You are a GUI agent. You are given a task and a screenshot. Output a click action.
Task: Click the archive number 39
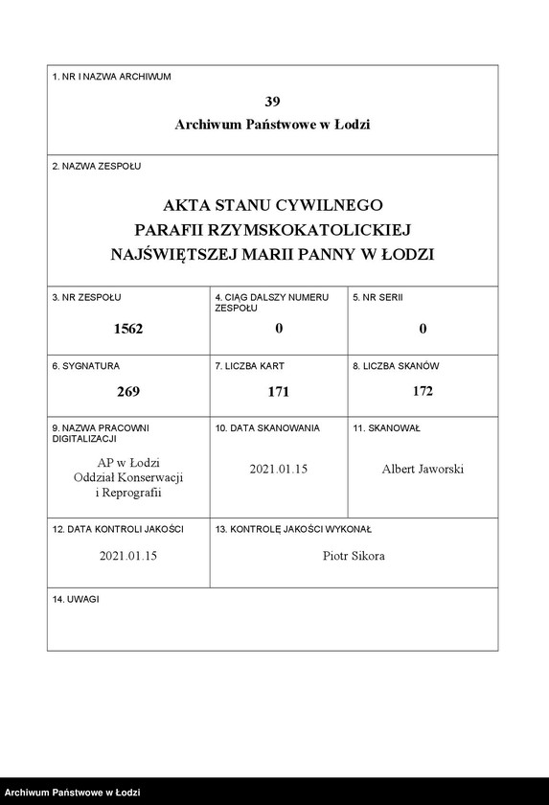[272, 102]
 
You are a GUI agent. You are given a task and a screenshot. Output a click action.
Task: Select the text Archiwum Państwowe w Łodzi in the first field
[272, 125]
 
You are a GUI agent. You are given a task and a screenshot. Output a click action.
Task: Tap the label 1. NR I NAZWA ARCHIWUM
[111, 76]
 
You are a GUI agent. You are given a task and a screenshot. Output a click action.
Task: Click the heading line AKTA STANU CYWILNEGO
[272, 205]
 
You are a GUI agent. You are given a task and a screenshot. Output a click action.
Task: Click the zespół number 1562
[127, 329]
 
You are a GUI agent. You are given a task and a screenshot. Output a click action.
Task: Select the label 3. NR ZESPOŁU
[86, 298]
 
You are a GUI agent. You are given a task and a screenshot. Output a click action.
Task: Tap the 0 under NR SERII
[423, 329]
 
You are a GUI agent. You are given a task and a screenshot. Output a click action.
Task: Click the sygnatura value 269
[127, 391]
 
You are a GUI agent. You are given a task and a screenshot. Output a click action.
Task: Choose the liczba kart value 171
[278, 391]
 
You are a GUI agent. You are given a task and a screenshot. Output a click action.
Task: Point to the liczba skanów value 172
[423, 391]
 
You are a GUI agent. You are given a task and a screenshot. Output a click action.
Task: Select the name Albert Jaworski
[423, 470]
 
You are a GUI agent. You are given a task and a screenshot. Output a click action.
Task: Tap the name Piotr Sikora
[354, 556]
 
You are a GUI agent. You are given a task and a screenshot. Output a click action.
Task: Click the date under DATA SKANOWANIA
[278, 470]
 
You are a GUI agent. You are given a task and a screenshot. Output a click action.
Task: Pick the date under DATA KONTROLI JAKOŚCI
[127, 556]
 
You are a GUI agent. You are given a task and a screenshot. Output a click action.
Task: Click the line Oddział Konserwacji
[127, 477]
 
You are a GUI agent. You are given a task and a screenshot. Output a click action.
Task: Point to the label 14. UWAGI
[76, 599]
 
